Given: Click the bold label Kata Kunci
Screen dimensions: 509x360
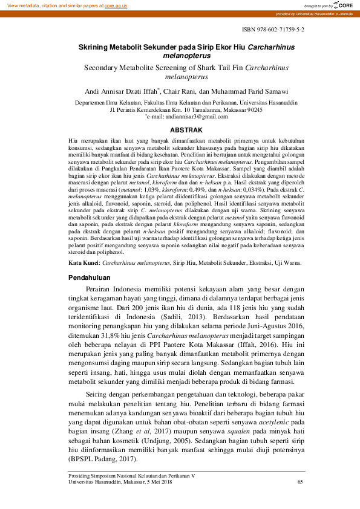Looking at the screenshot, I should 83,264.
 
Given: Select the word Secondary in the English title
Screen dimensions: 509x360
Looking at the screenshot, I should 104,68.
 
